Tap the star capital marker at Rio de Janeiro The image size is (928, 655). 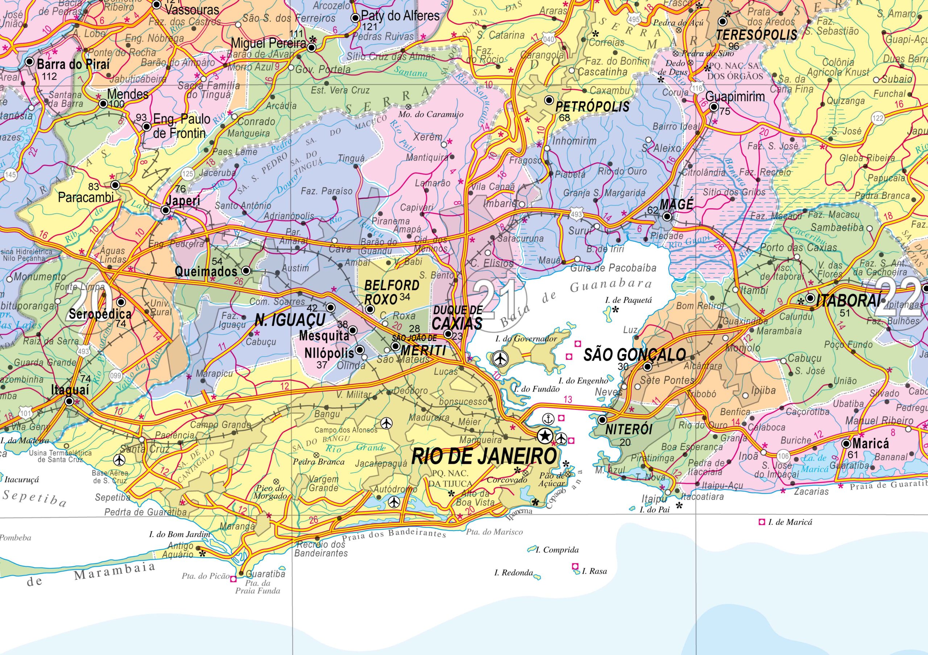point(544,436)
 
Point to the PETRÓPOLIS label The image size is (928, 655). point(592,106)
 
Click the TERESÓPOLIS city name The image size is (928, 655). point(756,35)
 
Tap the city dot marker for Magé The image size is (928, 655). point(667,217)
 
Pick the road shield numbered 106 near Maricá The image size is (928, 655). point(783,457)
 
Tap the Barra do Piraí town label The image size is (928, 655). point(73,64)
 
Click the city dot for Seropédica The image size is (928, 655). point(121,302)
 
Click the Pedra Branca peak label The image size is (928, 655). point(319,462)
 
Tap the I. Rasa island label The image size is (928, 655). point(594,571)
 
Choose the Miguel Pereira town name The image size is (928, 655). point(268,43)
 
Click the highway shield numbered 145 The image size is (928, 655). point(11,175)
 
